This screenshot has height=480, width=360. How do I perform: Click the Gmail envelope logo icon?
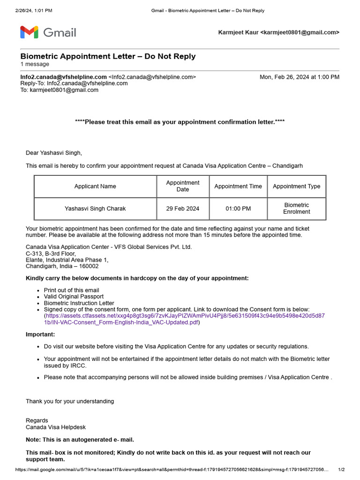29,32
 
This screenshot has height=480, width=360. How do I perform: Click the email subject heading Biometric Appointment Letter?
108,57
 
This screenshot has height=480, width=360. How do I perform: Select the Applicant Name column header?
95,186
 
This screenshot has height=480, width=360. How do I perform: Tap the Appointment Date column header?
183,186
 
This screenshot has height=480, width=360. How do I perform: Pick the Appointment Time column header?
238,186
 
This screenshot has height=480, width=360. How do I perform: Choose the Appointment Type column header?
296,186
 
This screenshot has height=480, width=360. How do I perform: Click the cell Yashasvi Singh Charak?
95,209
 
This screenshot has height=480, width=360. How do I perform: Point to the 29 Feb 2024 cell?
183,209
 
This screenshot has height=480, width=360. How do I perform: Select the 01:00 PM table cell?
238,209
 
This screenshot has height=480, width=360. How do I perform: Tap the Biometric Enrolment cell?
296,209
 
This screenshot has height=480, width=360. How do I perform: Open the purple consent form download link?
185,316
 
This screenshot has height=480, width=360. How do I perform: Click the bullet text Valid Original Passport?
74,297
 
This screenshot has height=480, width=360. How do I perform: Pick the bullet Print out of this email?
71,290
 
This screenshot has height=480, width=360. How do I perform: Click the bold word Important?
40,334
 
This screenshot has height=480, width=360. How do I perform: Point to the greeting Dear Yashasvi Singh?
53,153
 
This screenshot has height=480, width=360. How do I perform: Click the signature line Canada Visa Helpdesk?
56,427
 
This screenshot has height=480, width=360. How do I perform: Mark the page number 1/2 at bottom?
341,470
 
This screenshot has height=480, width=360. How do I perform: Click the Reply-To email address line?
74,83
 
